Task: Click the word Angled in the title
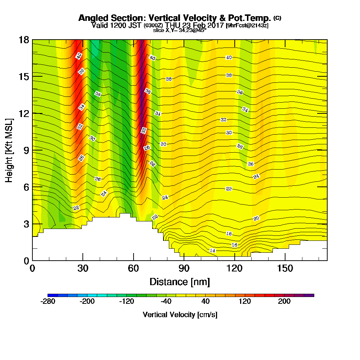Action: [x=94, y=18]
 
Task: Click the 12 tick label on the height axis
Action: [x=24, y=113]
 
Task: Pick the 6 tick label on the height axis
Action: [x=26, y=187]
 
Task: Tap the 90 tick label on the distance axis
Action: [x=184, y=268]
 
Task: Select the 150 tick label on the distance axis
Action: [x=285, y=268]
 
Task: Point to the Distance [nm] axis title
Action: [x=180, y=282]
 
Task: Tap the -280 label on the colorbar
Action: [x=48, y=301]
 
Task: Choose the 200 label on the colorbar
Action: [x=284, y=301]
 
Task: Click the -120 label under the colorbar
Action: [x=126, y=301]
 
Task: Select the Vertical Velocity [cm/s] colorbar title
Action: [x=180, y=315]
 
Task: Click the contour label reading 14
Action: [x=213, y=251]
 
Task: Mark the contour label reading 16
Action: [x=234, y=245]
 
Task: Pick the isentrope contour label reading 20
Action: [x=256, y=218]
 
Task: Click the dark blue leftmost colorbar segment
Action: [x=53, y=295]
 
